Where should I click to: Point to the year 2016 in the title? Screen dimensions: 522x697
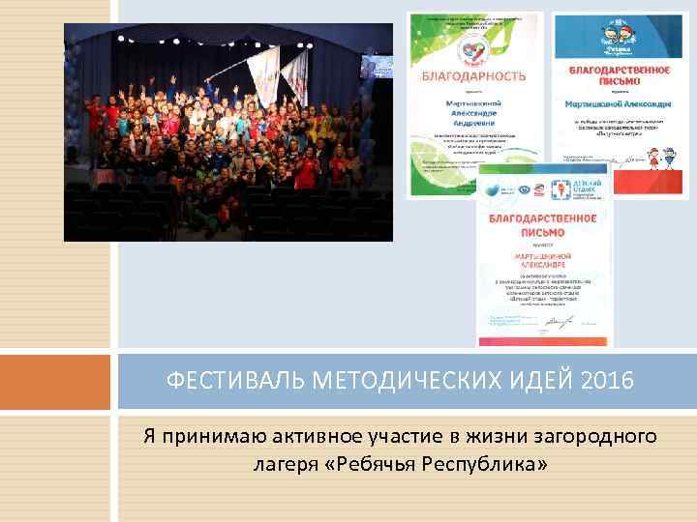click(609, 382)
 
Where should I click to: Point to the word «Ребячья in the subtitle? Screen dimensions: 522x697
click(372, 465)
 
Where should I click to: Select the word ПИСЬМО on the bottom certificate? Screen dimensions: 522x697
click(542, 231)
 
